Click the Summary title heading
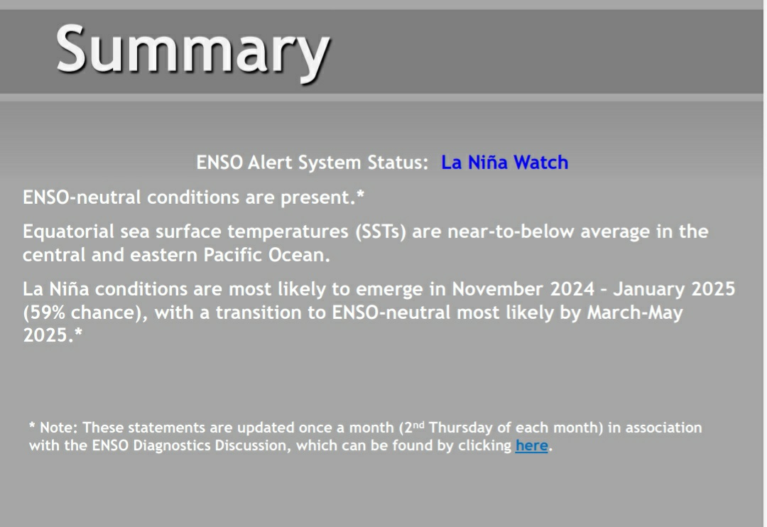(x=192, y=51)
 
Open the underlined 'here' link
(x=531, y=445)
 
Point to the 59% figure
(x=47, y=313)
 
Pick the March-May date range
(x=634, y=313)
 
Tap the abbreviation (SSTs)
(x=381, y=232)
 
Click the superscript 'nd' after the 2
(x=418, y=424)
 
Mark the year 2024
(x=572, y=288)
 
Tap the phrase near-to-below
(x=511, y=232)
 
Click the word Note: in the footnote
(x=58, y=428)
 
